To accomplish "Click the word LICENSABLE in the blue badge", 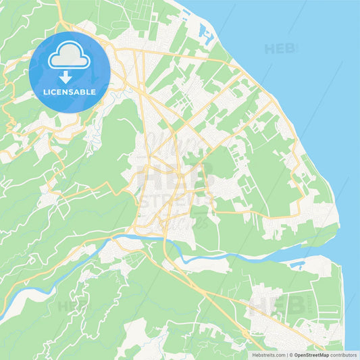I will pos(69,92).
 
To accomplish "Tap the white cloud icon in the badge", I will pos(69,56).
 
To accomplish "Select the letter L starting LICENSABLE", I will pos(45,92).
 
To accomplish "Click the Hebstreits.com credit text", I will pos(267,355).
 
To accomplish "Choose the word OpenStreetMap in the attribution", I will pos(310,355).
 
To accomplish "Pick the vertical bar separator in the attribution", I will pos(287,355).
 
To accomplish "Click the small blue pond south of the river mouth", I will pos(296,264).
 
